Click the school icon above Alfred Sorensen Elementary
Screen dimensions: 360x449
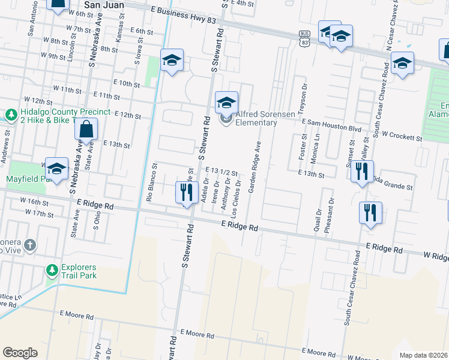point(226,103)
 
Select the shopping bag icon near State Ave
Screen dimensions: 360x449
point(86,129)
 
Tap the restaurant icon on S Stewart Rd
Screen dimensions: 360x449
point(186,192)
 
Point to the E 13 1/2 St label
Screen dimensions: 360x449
point(222,172)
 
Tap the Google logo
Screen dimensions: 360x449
point(20,353)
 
